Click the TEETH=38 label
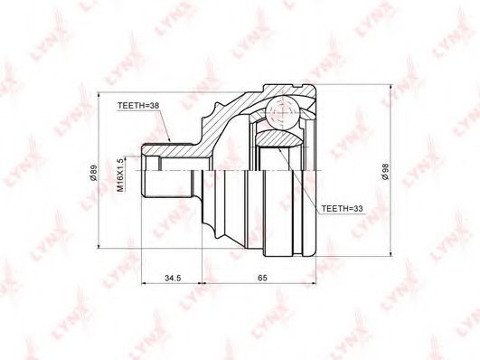pyautogui.click(x=138, y=106)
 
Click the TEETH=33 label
pyautogui.click(x=342, y=209)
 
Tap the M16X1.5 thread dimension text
pyautogui.click(x=121, y=175)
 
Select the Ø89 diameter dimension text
pyautogui.click(x=94, y=173)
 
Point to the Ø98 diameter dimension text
pyautogui.click(x=386, y=171)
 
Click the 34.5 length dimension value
pyautogui.click(x=174, y=278)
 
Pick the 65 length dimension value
pyautogui.click(x=262, y=278)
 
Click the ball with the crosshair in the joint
pyautogui.click(x=282, y=112)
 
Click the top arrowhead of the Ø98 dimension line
pyautogui.click(x=391, y=89)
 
